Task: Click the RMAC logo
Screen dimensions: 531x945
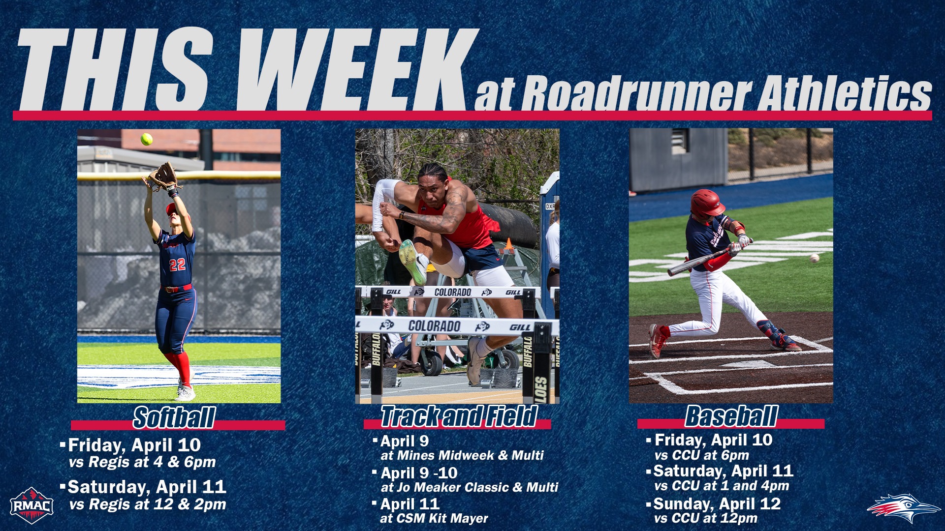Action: pyautogui.click(x=32, y=505)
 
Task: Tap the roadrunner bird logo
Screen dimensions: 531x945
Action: pyautogui.click(x=903, y=508)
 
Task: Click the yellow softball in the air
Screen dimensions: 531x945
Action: pyautogui.click(x=147, y=139)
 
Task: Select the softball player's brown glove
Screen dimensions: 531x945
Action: pyautogui.click(x=163, y=176)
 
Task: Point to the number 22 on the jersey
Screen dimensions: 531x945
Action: pyautogui.click(x=177, y=265)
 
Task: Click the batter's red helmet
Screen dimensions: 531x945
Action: pyautogui.click(x=707, y=203)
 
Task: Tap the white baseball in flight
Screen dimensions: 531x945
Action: pyautogui.click(x=815, y=258)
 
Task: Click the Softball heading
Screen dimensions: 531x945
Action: pyautogui.click(x=174, y=417)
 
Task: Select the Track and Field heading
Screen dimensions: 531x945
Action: pyautogui.click(x=458, y=416)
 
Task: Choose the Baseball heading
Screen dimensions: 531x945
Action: pyautogui.click(x=731, y=416)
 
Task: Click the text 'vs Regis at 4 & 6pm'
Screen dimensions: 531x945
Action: pyautogui.click(x=142, y=462)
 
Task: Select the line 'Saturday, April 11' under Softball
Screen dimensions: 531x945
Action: pyautogui.click(x=147, y=487)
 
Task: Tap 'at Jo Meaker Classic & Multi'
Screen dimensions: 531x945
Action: pyautogui.click(x=470, y=487)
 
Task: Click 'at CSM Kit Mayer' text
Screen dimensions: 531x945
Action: pyautogui.click(x=434, y=518)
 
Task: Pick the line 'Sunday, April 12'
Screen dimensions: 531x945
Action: pyautogui.click(x=717, y=503)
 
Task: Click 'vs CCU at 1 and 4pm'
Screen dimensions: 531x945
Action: pyautogui.click(x=722, y=486)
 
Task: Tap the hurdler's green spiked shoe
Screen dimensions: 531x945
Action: pyautogui.click(x=412, y=261)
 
